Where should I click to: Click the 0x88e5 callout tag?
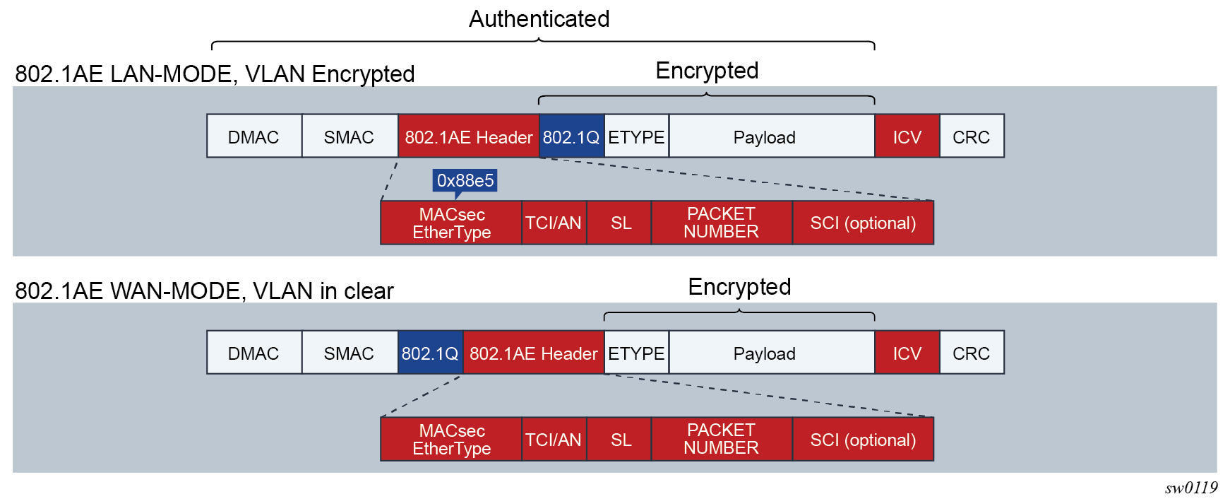465,180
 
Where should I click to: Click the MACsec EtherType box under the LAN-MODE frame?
451,223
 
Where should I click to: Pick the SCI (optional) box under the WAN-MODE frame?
863,439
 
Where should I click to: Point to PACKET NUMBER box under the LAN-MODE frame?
722,223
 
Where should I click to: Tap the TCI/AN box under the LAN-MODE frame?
554,223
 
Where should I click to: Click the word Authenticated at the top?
539,18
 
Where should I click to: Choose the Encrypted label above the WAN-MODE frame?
739,287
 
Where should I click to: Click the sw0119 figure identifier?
1191,487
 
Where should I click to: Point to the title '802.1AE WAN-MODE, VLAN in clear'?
204,290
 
